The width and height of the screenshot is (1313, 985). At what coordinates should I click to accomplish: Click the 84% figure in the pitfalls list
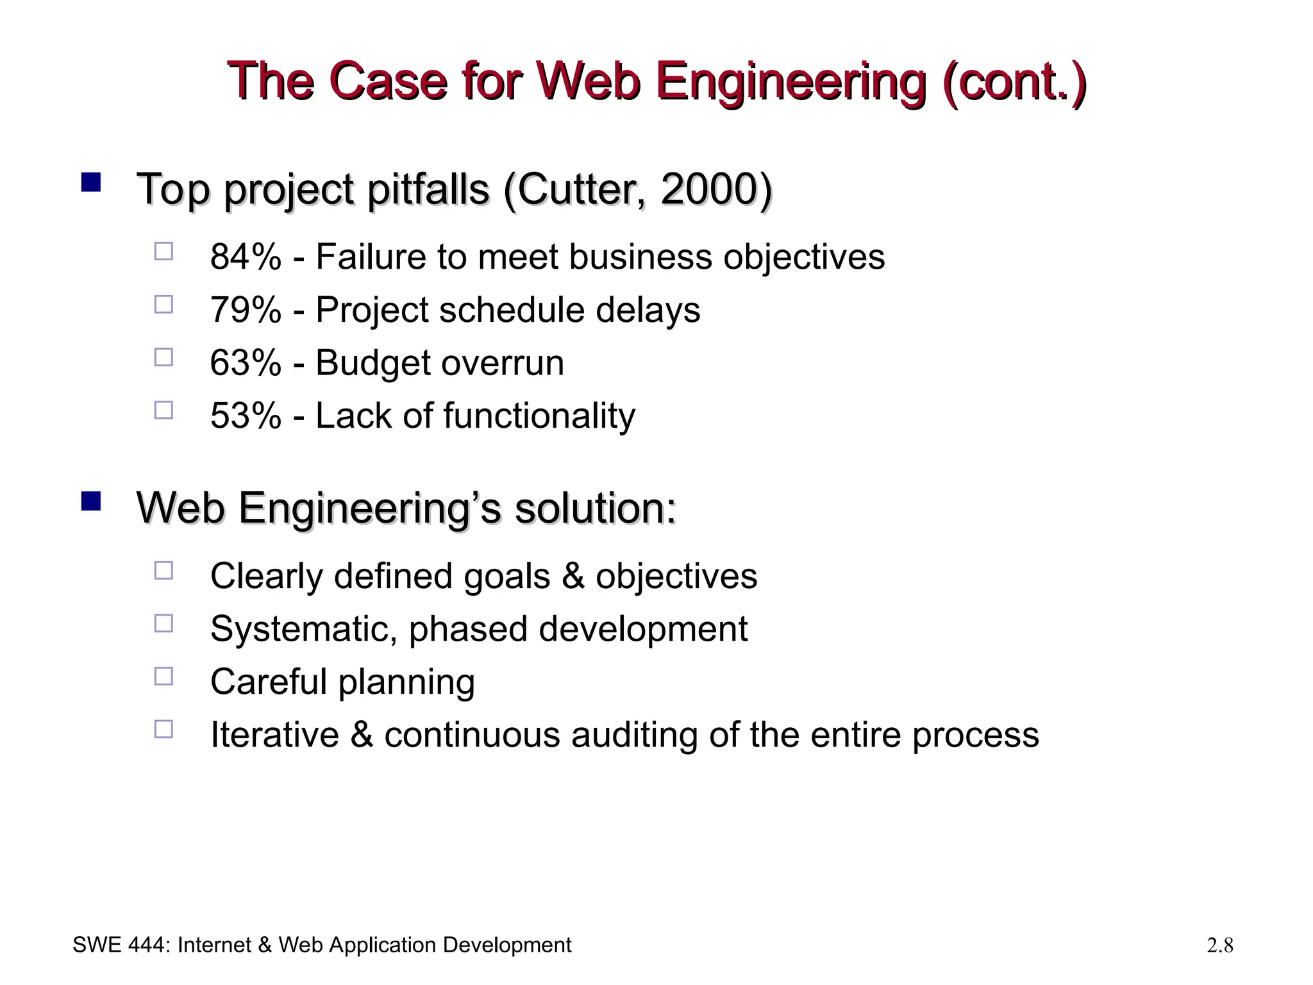pos(246,257)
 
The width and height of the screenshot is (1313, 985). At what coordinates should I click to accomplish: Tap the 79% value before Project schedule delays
pos(246,310)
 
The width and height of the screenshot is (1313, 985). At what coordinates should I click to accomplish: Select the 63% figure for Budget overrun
pos(246,363)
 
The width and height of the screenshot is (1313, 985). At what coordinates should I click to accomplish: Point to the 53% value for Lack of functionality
pos(246,416)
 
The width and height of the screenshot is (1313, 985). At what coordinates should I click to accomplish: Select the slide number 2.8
pos(1219,945)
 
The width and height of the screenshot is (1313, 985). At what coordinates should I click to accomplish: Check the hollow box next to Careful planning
pos(163,677)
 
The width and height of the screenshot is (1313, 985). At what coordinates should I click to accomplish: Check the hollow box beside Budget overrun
pos(163,357)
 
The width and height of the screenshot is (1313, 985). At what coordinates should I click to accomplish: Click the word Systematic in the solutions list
pos(306,629)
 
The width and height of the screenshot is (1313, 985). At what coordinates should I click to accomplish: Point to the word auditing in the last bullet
pos(634,735)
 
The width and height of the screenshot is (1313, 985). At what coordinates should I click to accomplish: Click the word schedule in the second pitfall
pos(512,310)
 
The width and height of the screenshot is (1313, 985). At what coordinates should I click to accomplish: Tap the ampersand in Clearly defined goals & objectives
pos(573,576)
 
